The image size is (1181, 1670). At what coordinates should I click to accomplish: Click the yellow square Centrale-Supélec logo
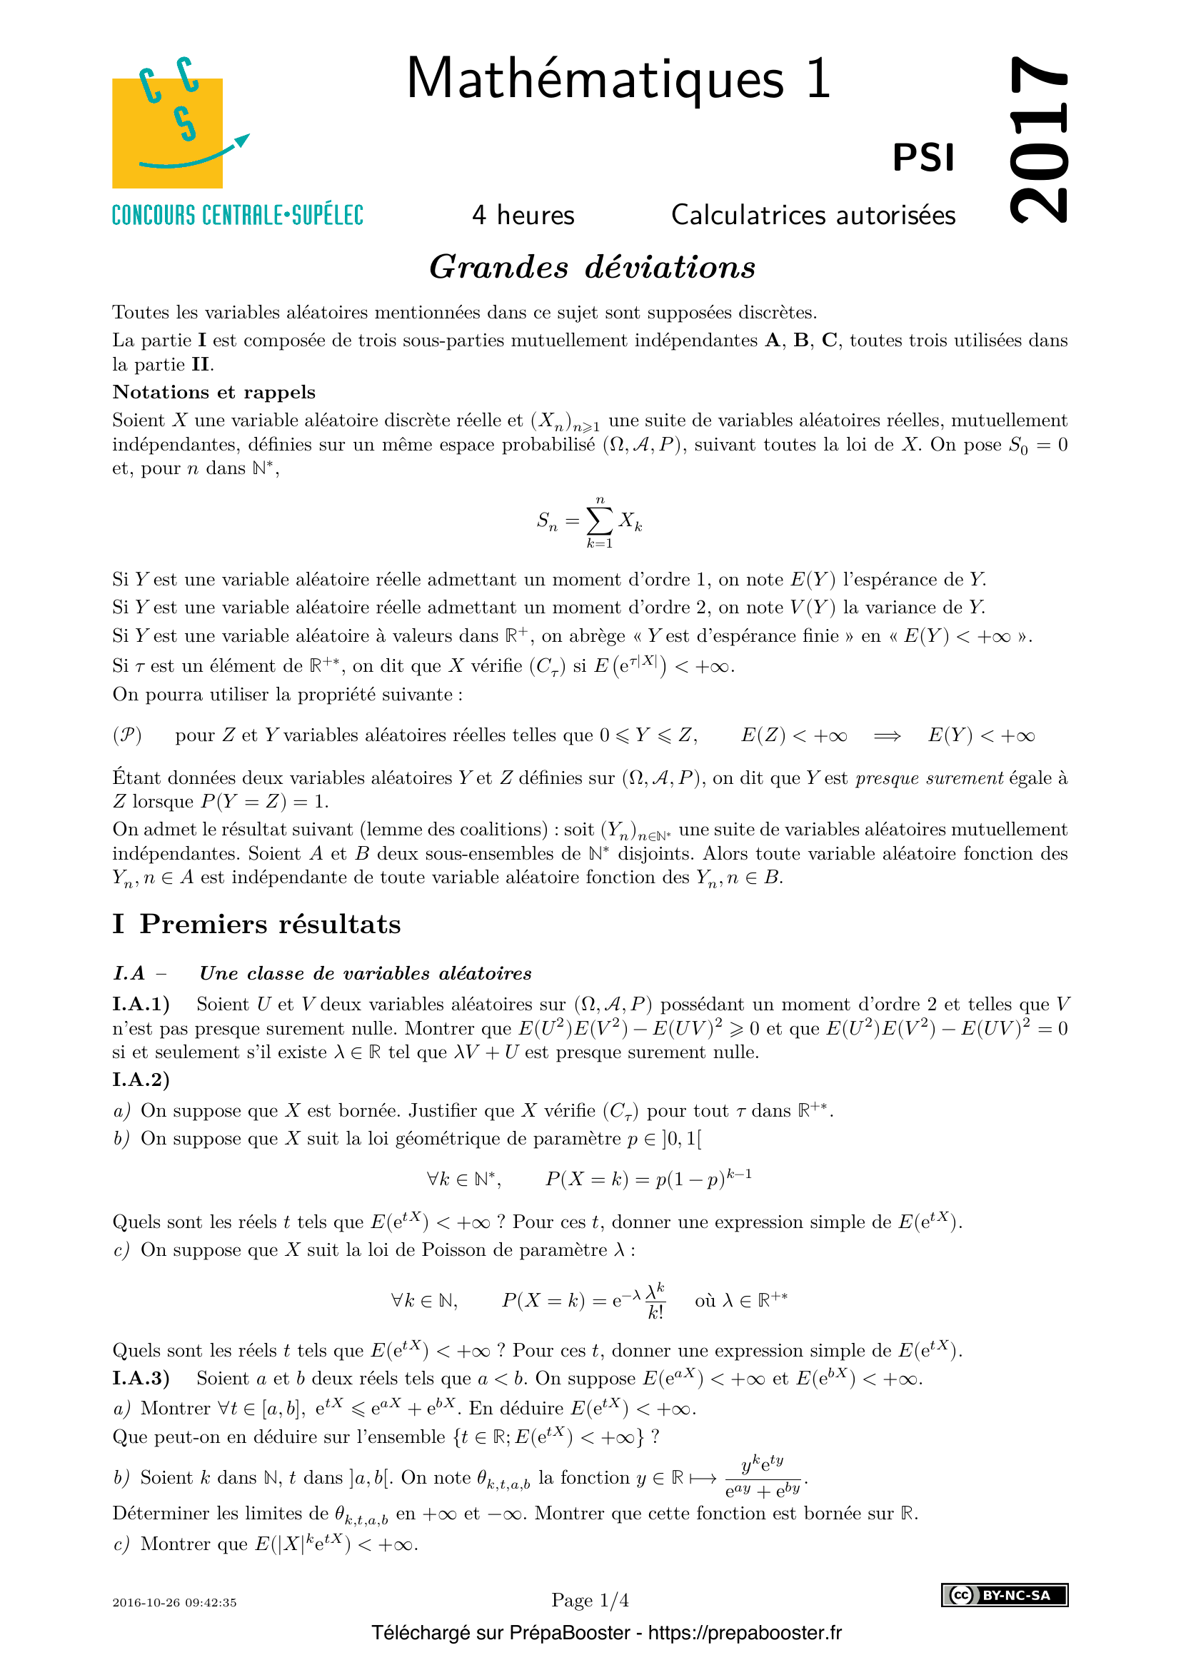[167, 132]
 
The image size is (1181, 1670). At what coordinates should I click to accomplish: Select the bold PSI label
[923, 158]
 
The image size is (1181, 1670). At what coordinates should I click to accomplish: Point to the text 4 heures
[523, 216]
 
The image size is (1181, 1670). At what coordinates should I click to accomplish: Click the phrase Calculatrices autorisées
[813, 216]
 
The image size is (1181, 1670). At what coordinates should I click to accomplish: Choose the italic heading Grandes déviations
[592, 267]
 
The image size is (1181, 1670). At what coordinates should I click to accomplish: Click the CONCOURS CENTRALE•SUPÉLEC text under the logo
[237, 216]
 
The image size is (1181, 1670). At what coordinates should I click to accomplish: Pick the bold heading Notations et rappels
[213, 392]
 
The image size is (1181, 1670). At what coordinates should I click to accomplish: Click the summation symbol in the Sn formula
[600, 520]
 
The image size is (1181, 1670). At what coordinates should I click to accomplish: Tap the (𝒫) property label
[126, 735]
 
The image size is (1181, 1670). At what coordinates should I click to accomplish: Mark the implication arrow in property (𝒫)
[888, 736]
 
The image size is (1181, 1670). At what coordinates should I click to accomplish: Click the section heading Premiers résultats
[270, 924]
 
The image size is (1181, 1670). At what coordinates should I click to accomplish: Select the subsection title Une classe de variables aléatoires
[365, 973]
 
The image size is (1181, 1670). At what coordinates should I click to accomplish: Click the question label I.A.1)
[141, 1005]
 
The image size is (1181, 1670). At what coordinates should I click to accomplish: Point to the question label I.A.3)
[141, 1378]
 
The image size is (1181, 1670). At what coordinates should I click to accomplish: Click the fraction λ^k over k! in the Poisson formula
[655, 1300]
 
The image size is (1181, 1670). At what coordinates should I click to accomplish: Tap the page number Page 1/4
[590, 1600]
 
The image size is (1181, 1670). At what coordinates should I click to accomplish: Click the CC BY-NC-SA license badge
[1005, 1595]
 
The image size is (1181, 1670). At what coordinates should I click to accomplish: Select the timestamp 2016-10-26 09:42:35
[174, 1602]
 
